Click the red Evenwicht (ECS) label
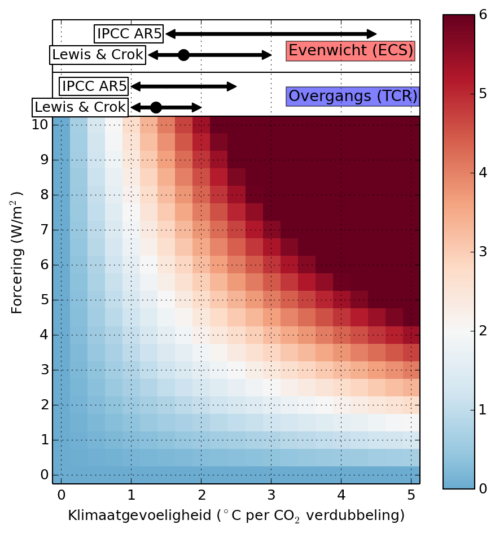(351, 51)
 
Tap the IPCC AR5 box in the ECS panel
(129, 34)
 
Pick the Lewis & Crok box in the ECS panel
(98, 55)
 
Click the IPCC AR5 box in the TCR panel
(94, 86)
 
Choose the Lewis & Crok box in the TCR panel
(80, 107)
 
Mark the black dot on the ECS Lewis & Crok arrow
(183, 55)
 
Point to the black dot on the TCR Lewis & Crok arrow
(156, 107)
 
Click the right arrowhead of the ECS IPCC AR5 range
(372, 34)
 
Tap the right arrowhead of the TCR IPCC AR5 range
(232, 86)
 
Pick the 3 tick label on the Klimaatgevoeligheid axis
(271, 495)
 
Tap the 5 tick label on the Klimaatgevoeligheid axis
(411, 495)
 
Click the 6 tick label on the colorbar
(483, 15)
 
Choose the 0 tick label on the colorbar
(483, 488)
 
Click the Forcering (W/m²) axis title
(17, 252)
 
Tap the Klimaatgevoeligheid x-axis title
(236, 515)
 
